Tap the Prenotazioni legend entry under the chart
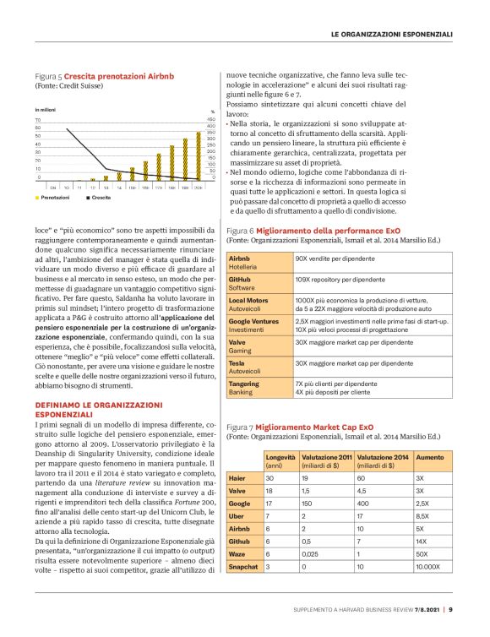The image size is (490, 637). click(54, 197)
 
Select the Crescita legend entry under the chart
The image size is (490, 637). click(98, 197)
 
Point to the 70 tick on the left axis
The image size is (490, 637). click(38, 120)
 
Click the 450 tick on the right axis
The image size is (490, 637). click(211, 120)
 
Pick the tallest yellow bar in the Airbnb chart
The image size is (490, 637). click(198, 155)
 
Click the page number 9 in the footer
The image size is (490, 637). click(450, 608)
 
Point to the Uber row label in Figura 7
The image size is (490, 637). click(237, 514)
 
